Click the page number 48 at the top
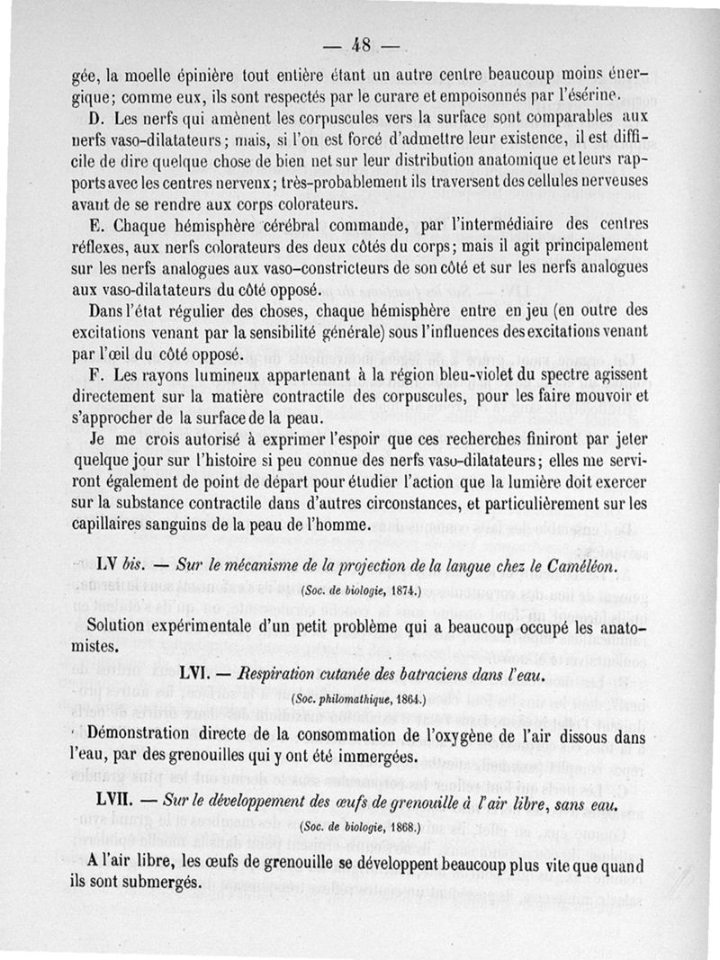(363, 45)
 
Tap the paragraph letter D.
(98, 118)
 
